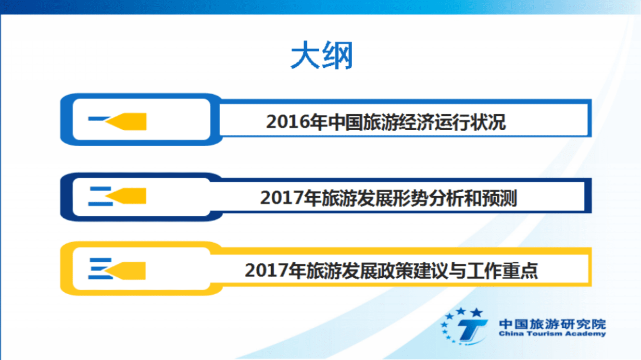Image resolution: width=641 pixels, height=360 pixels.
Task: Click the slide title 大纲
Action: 321,56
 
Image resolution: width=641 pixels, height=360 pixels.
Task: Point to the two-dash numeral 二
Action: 100,196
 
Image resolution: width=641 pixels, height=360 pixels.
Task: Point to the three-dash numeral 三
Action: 99,269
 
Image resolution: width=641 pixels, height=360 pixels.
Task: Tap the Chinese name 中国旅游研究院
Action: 552,323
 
